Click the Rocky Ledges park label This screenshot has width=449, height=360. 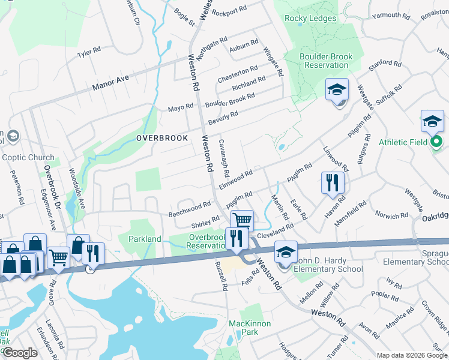pos(310,19)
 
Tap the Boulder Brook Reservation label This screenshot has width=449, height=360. pos(326,61)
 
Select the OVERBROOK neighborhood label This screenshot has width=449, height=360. pos(162,138)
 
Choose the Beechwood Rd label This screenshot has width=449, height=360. pos(190,208)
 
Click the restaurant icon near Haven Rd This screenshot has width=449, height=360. pos(332,182)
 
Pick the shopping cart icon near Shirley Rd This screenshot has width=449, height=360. pos(241,220)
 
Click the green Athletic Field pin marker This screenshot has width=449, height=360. pos(436,142)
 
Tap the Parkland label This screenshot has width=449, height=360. pos(145,239)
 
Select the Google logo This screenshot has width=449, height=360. pos(20,353)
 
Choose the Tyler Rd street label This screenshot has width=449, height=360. pos(89,54)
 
